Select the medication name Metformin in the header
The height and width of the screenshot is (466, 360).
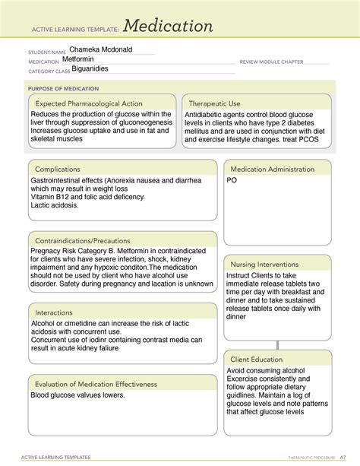pyautogui.click(x=80, y=59)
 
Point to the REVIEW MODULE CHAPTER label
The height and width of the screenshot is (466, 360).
pyautogui.click(x=271, y=62)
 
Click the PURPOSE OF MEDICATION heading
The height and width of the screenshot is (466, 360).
pyautogui.click(x=58, y=87)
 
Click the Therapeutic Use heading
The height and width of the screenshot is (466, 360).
pyautogui.click(x=214, y=103)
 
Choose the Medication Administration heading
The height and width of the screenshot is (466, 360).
pyautogui.click(x=273, y=169)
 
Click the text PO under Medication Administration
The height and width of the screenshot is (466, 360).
pyautogui.click(x=232, y=181)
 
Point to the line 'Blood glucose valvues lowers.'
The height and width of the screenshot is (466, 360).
pyautogui.click(x=77, y=395)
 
